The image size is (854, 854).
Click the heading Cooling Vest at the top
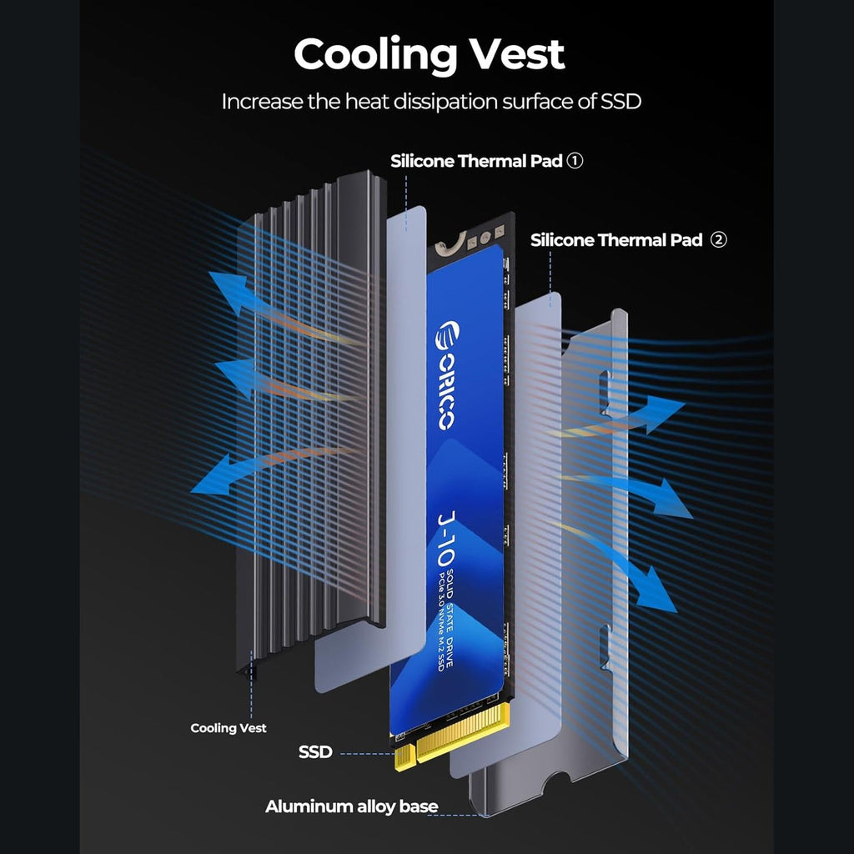click(x=429, y=55)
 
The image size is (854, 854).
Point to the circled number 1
click(x=575, y=162)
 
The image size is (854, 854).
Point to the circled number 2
click(x=718, y=241)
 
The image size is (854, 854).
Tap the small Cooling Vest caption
click(x=229, y=728)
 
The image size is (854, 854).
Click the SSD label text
click(x=315, y=752)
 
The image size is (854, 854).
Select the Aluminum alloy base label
click(x=351, y=807)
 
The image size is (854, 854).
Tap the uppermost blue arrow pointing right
click(x=659, y=413)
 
